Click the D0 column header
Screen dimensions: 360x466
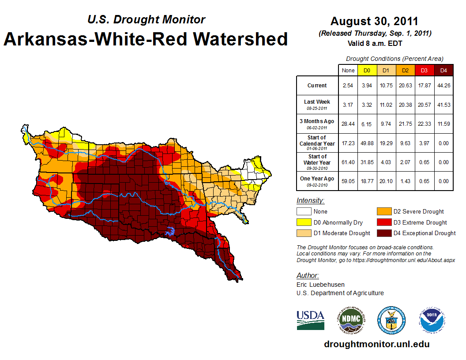[x=367, y=70]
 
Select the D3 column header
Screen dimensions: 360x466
[x=424, y=70]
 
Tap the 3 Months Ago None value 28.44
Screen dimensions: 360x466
[x=348, y=124]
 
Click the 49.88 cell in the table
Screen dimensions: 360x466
[x=367, y=143]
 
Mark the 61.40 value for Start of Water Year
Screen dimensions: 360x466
[x=348, y=162]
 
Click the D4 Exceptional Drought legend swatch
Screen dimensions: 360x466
[x=383, y=233]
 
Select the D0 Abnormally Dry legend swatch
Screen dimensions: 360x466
[x=303, y=222]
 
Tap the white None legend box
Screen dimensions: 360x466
[x=303, y=212]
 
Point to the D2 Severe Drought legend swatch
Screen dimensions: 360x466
[x=383, y=212]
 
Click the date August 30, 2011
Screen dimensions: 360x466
[x=374, y=21]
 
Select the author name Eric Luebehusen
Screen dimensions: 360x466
[x=321, y=285]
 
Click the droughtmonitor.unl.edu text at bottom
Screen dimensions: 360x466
[x=376, y=344]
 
